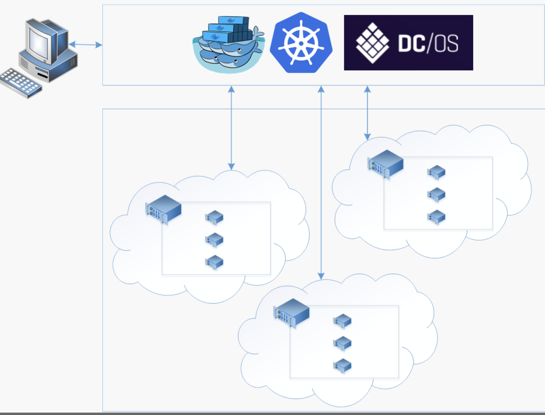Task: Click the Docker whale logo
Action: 228,45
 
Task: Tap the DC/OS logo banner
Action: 408,43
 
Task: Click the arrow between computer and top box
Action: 85,45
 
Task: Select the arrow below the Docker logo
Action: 231,128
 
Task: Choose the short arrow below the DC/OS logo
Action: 367,112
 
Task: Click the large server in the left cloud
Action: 163,208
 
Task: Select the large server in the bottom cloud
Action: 292,312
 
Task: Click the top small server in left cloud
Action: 214,217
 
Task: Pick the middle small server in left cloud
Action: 214,240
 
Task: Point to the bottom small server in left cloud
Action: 214,262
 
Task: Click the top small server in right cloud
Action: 436,172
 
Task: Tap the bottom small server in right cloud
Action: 436,217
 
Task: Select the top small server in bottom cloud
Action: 342,321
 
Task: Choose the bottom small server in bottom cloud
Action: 342,365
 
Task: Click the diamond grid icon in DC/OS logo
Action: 373,43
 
